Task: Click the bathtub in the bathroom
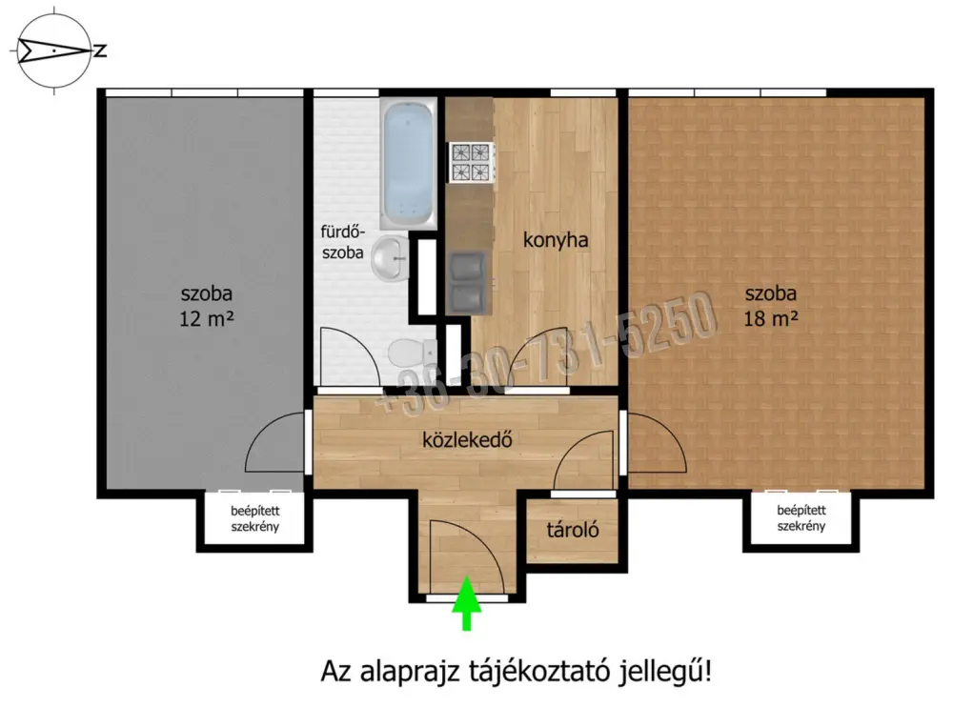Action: point(408,163)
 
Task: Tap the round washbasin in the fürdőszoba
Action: point(390,258)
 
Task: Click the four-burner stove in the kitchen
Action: point(471,162)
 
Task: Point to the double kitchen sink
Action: point(468,282)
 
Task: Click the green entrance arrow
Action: point(467,603)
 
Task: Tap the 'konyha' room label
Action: point(556,239)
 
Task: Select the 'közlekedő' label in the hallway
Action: point(467,439)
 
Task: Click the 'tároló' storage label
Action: point(573,530)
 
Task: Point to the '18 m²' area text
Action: point(771,318)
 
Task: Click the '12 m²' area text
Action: point(207,318)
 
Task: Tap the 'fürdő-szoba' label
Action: point(343,242)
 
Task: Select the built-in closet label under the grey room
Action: point(254,518)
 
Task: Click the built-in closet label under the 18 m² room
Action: point(801,518)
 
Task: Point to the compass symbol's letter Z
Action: point(100,50)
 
